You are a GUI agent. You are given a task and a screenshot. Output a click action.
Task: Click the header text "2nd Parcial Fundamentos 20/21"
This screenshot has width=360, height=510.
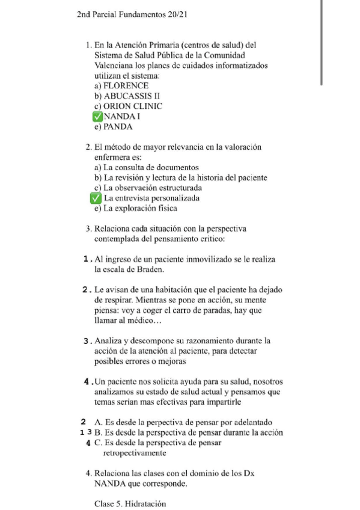tap(133, 14)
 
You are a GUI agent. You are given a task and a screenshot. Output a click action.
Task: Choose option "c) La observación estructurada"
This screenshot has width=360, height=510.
tap(153, 188)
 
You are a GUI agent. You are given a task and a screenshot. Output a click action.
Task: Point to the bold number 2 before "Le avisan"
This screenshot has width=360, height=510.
tap(88, 290)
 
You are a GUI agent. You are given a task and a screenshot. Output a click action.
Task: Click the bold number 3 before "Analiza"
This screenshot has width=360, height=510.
tap(88, 340)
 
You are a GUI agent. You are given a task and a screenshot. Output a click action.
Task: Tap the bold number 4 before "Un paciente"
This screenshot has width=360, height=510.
tap(88, 381)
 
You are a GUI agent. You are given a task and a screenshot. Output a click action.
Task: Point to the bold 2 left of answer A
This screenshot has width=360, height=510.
tap(83, 422)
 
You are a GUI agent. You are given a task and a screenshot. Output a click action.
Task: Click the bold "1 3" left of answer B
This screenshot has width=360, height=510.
tap(84, 432)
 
